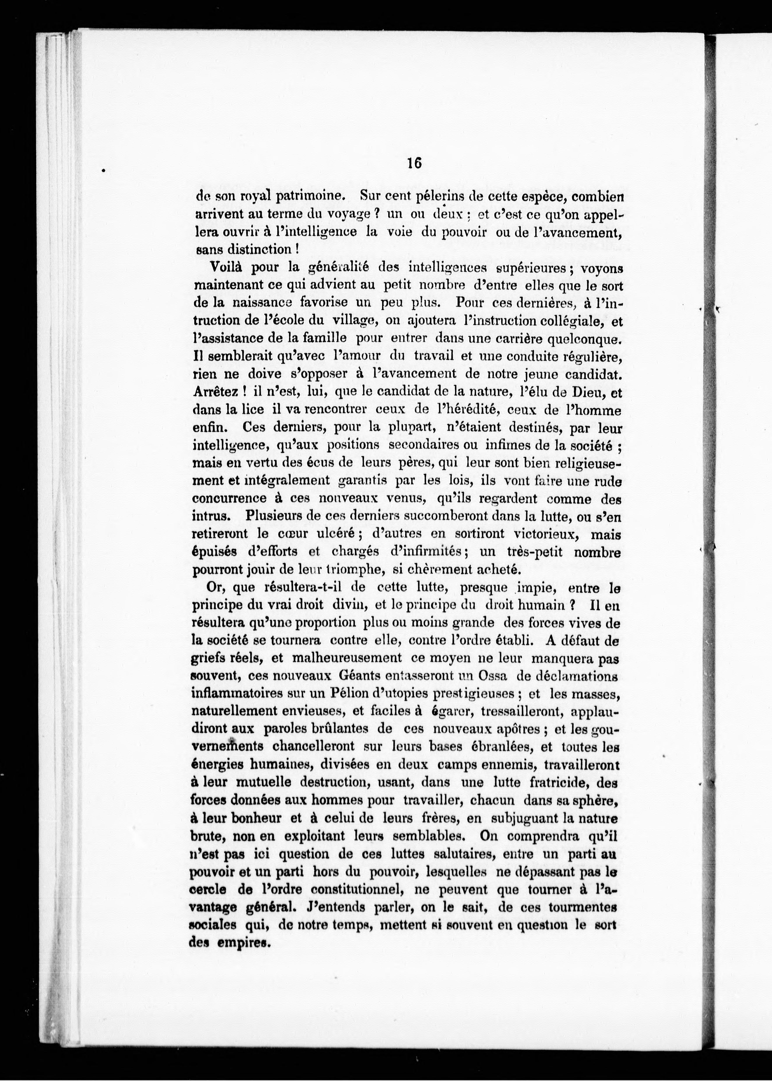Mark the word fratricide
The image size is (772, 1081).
pos(542,782)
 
